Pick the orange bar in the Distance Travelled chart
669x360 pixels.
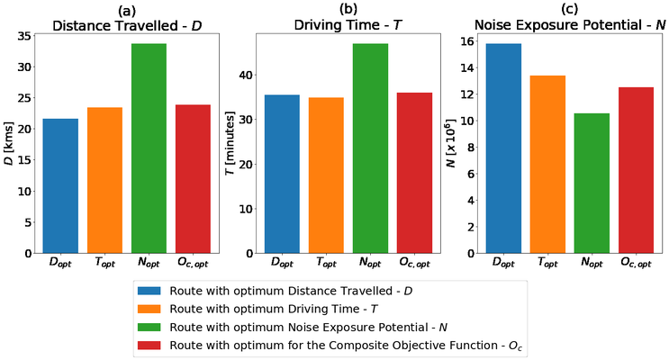pyautogui.click(x=104, y=180)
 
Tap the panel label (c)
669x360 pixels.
pyautogui.click(x=569, y=9)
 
